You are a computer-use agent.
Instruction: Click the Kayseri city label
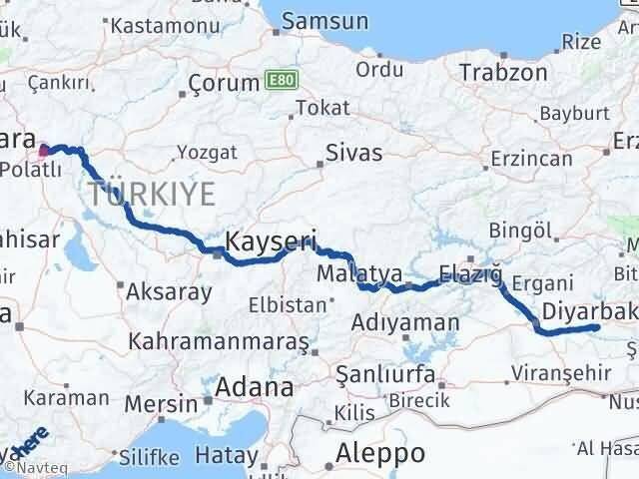[271, 240]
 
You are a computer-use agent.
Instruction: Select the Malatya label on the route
[358, 272]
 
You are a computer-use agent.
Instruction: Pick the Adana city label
[258, 386]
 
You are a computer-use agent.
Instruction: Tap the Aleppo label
[381, 452]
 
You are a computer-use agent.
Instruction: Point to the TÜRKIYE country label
[151, 193]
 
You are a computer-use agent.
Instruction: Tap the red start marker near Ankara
[43, 152]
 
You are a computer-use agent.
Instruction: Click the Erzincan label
[531, 159]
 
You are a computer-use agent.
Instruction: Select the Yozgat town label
[207, 152]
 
